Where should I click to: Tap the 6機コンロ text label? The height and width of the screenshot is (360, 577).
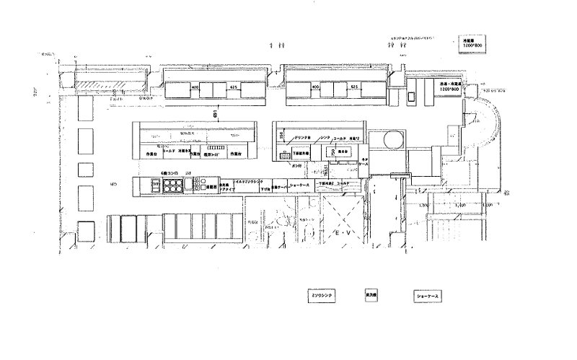pos(172,174)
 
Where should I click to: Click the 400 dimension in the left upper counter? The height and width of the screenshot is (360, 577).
pos(195,87)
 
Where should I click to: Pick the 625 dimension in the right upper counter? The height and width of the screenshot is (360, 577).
pos(354,87)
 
